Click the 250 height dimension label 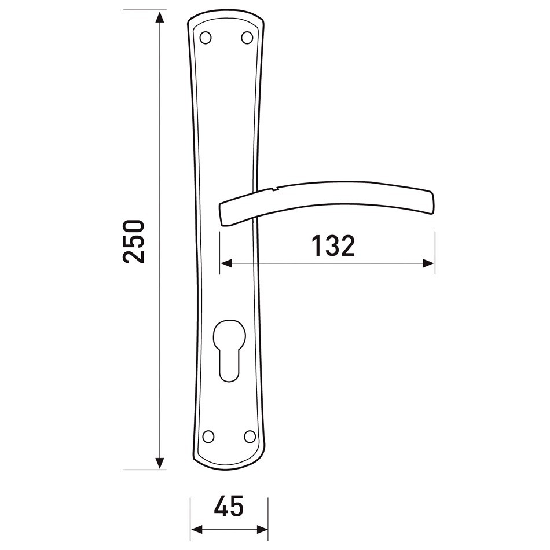point(134,241)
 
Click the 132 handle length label point(333,245)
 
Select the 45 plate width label point(229,506)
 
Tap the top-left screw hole point(206,38)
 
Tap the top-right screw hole point(247,38)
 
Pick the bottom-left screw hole point(208,437)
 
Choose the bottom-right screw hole point(250,437)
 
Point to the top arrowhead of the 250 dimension point(160,17)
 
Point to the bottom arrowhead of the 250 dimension point(160,463)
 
